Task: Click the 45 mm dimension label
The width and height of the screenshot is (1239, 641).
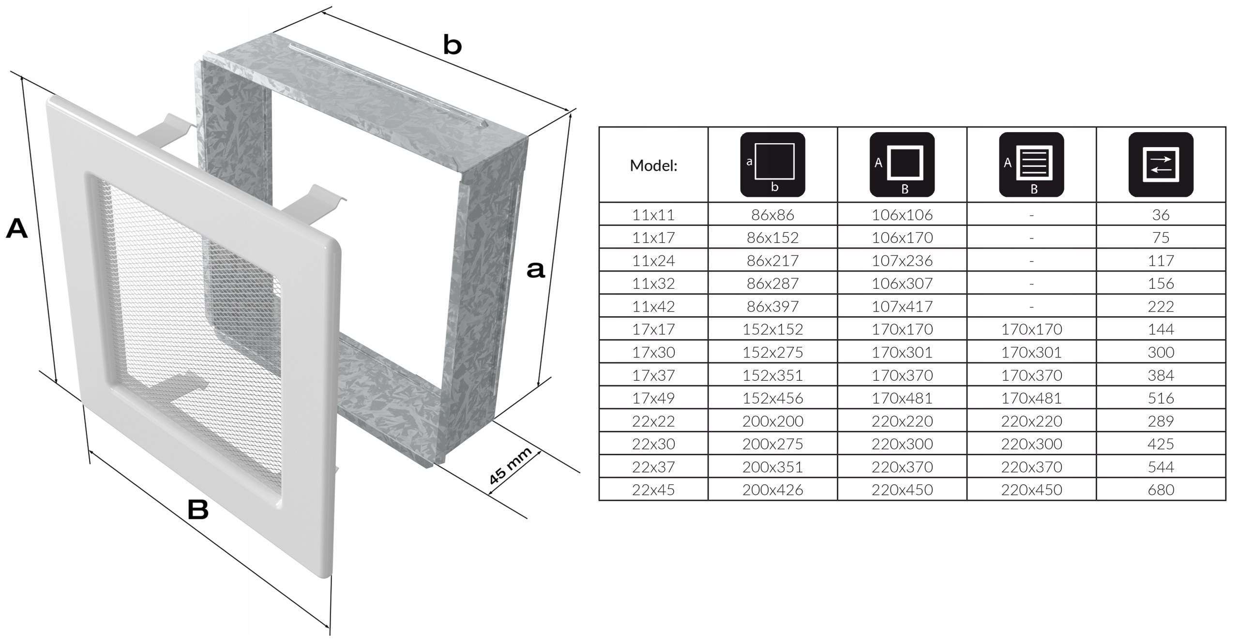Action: click(x=510, y=466)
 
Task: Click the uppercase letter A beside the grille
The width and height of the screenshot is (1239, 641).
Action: click(x=16, y=229)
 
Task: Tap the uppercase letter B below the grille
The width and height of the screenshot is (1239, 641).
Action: click(x=198, y=509)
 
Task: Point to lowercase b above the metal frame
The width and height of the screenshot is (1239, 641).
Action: click(x=453, y=46)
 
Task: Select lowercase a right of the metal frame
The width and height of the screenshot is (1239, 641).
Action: click(x=535, y=270)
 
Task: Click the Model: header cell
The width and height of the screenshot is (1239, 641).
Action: click(x=653, y=165)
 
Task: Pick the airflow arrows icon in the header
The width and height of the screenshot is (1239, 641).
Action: click(x=1161, y=164)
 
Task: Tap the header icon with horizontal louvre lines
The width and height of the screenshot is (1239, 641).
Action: click(x=1031, y=164)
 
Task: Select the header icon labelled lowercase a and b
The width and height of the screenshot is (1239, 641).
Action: click(x=772, y=164)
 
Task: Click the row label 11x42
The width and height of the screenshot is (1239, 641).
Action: click(x=653, y=306)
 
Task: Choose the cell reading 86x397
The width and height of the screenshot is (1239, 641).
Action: click(x=772, y=306)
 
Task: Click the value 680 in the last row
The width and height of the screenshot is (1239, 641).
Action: click(x=1161, y=490)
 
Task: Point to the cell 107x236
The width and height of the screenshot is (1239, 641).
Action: click(x=902, y=261)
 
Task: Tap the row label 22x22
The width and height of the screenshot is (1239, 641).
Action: click(x=653, y=421)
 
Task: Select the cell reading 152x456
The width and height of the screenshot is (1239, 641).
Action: click(x=772, y=398)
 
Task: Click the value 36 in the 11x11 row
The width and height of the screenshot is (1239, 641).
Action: click(x=1161, y=215)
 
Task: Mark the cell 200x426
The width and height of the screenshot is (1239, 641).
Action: click(x=772, y=490)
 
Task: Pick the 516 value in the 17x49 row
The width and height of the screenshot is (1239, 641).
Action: click(x=1161, y=398)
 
